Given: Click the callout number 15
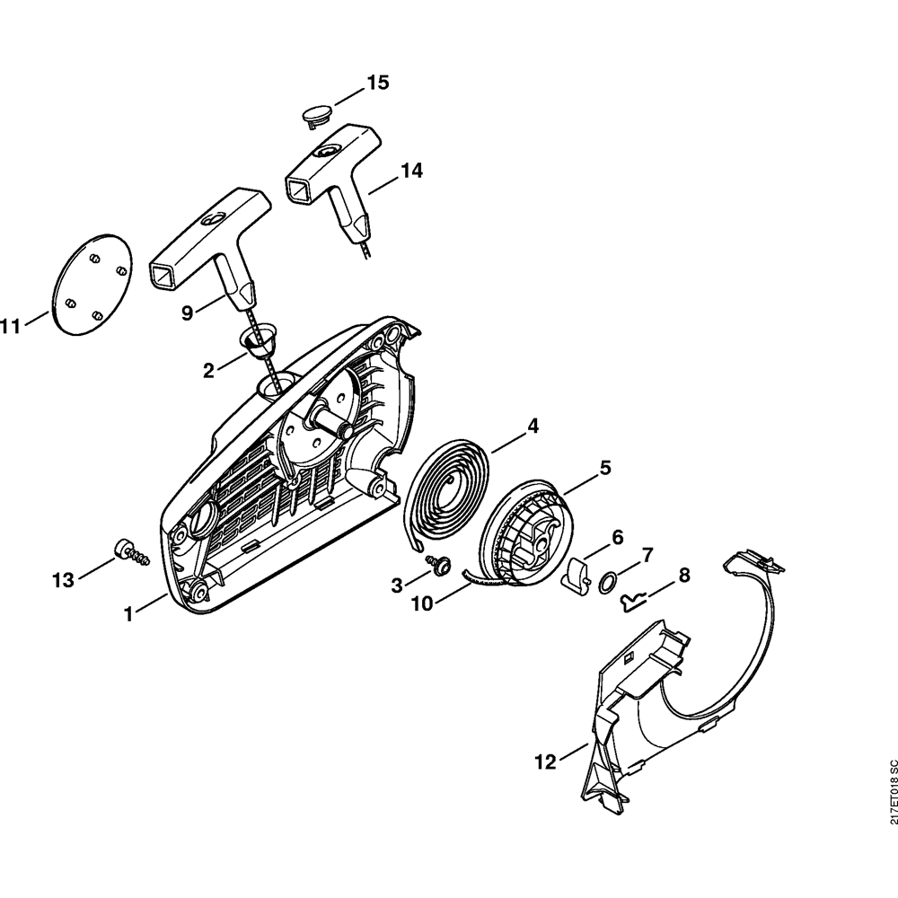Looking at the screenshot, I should tap(377, 83).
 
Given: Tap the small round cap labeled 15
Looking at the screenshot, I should tap(316, 114).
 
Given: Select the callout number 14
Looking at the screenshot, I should tap(410, 170).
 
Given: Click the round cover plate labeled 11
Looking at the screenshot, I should tap(89, 279).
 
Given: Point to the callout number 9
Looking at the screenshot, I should tap(187, 313).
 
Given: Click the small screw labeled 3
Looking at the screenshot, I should tap(439, 564).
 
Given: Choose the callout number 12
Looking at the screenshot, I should tap(545, 762).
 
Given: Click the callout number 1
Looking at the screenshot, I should tap(128, 614).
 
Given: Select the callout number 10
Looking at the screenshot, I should tap(422, 604).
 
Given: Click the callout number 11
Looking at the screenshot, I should tap(10, 328).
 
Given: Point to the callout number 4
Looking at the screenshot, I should tap(533, 427).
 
